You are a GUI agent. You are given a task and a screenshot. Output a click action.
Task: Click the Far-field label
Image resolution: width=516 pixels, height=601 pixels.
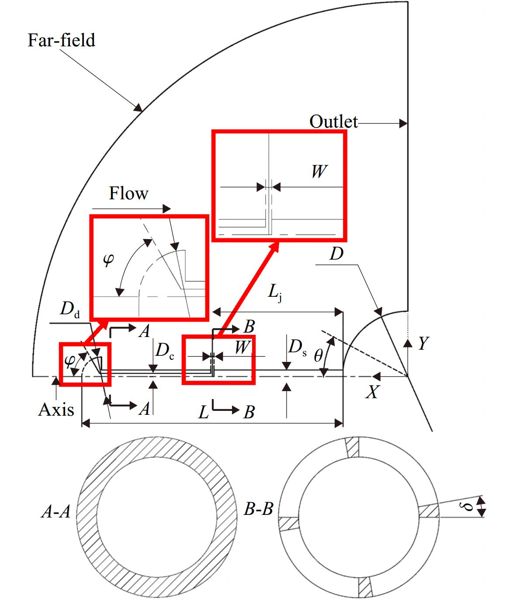click(x=61, y=40)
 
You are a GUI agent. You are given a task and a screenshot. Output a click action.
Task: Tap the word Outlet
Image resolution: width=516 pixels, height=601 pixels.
click(x=333, y=122)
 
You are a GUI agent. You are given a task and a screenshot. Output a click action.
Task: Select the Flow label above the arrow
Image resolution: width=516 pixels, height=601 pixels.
click(x=128, y=193)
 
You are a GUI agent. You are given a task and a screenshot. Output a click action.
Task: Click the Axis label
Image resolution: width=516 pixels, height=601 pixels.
click(x=56, y=410)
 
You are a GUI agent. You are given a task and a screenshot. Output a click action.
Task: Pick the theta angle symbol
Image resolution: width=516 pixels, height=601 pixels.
click(x=319, y=355)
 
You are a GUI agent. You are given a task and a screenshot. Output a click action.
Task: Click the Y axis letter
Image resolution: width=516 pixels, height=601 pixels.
click(x=423, y=344)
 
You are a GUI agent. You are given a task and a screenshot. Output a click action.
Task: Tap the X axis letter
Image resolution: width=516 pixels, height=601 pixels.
click(x=372, y=392)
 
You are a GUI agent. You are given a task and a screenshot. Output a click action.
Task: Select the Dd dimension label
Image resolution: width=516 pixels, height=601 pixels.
click(x=70, y=309)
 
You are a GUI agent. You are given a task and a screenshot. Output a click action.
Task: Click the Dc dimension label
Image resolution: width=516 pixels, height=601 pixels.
click(x=165, y=351)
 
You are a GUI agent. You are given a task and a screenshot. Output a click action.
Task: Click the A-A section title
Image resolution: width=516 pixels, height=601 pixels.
click(x=56, y=511)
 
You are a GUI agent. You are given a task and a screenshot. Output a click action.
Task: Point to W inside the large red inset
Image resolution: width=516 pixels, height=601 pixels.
click(x=319, y=171)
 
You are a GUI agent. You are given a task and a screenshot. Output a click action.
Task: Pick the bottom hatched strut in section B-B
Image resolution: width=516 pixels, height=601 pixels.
click(x=365, y=587)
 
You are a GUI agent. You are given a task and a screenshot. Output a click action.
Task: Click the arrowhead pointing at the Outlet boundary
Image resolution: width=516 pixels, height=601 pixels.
click(x=403, y=124)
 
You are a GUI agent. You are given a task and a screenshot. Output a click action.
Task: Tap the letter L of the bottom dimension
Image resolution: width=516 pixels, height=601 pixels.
click(x=204, y=412)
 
